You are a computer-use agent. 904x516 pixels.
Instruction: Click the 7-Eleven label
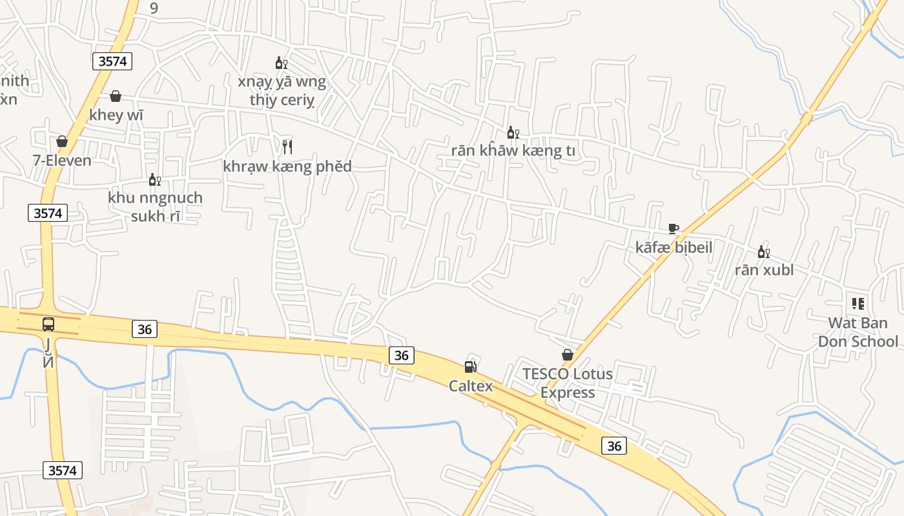(63, 160)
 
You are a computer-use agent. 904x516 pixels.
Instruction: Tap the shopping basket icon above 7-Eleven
(62, 141)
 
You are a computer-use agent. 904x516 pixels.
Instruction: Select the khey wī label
(116, 115)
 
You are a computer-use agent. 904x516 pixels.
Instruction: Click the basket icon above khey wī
(116, 96)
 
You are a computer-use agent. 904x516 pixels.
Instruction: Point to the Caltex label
(471, 386)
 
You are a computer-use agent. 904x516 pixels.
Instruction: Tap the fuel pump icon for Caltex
(471, 367)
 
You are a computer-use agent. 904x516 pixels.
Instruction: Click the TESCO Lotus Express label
(568, 383)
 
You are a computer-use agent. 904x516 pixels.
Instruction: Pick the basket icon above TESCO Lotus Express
(568, 355)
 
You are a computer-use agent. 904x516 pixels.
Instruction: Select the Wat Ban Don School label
(858, 332)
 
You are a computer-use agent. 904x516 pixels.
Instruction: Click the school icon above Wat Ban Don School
(858, 303)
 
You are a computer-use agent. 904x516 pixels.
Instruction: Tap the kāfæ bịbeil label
(673, 247)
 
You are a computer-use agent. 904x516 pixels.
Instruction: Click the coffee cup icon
(673, 228)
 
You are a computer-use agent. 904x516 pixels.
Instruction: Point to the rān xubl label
(764, 270)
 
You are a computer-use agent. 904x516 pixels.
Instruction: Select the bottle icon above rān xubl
(763, 252)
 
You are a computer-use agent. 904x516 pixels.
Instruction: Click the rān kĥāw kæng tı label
(513, 151)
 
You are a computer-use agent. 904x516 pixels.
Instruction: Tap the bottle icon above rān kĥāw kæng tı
(513, 133)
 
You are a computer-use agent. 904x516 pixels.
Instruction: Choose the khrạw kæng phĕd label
(287, 166)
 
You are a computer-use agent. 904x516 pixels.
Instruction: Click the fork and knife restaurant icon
(287, 147)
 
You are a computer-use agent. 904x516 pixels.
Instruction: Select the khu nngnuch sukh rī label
(155, 206)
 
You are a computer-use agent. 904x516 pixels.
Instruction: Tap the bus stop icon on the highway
(48, 324)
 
